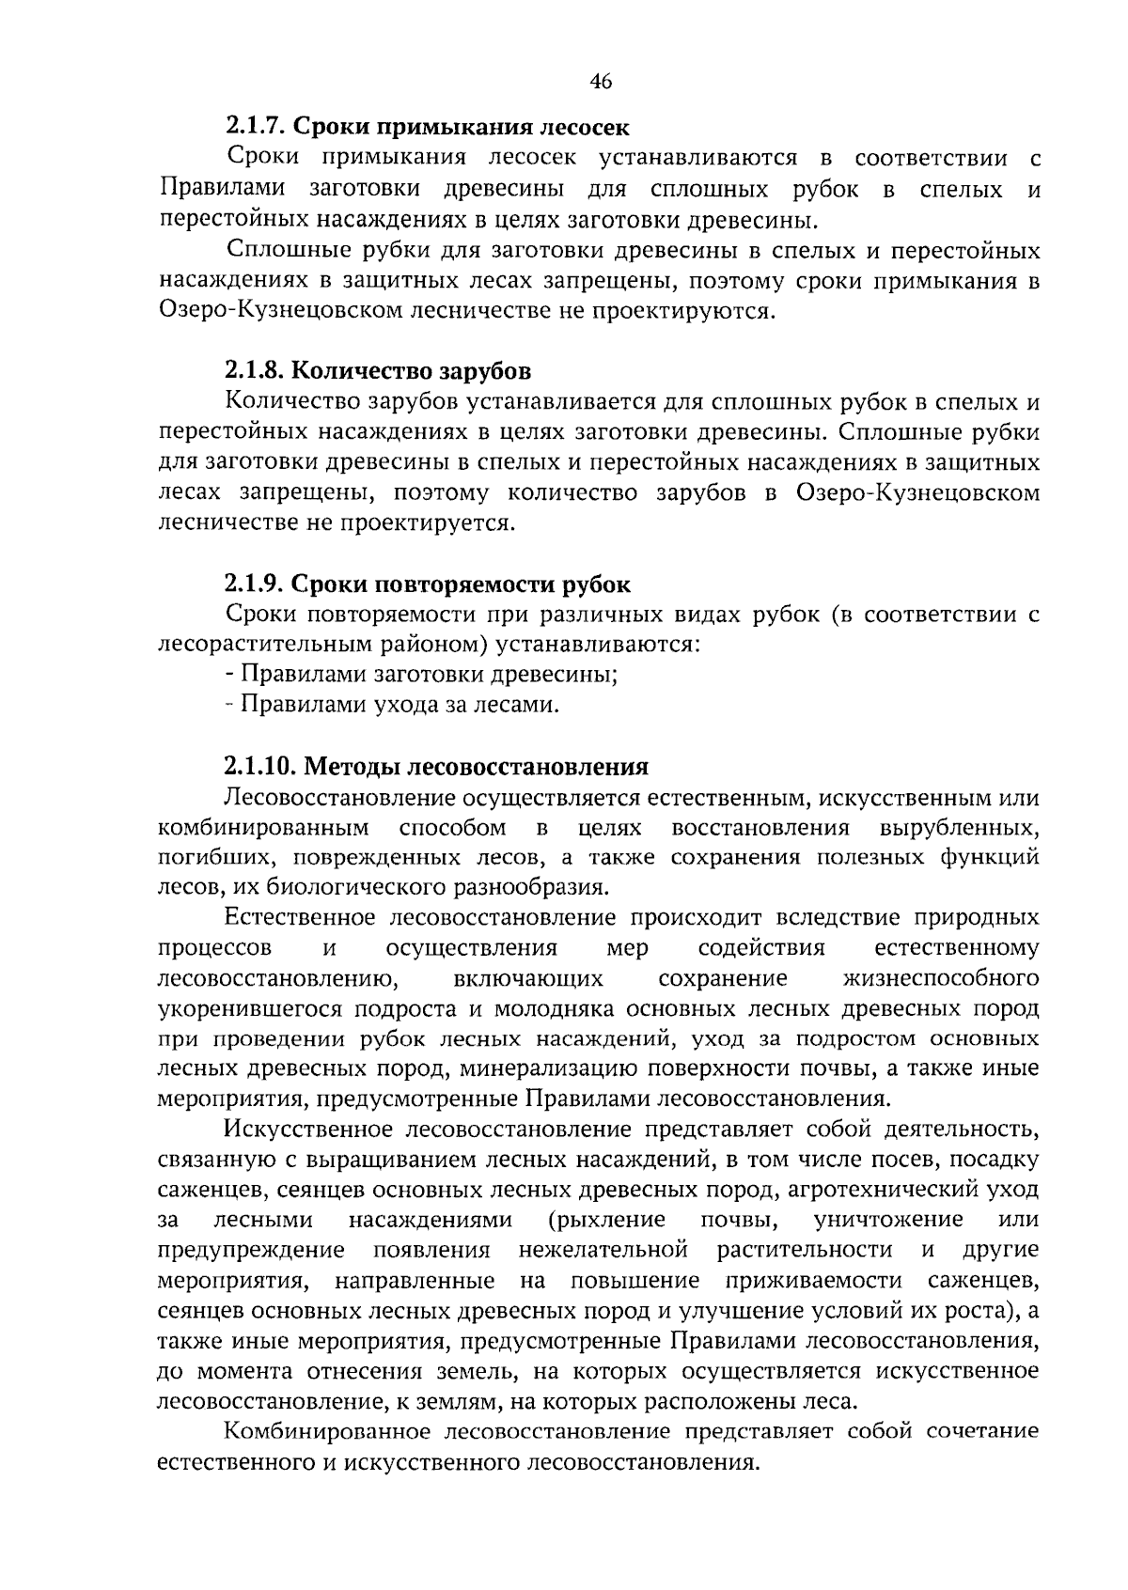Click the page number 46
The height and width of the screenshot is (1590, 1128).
601,82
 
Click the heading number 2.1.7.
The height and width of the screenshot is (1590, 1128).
257,125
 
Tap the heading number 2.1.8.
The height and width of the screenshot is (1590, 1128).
257,369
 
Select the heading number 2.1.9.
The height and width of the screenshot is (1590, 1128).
257,584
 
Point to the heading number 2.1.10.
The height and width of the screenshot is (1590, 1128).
263,767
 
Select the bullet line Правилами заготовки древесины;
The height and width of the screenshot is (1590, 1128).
421,675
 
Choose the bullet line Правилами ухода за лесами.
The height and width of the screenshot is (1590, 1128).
392,705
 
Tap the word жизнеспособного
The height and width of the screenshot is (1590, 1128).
942,978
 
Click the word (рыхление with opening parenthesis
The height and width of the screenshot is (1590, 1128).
606,1220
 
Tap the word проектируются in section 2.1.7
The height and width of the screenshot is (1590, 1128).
682,311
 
